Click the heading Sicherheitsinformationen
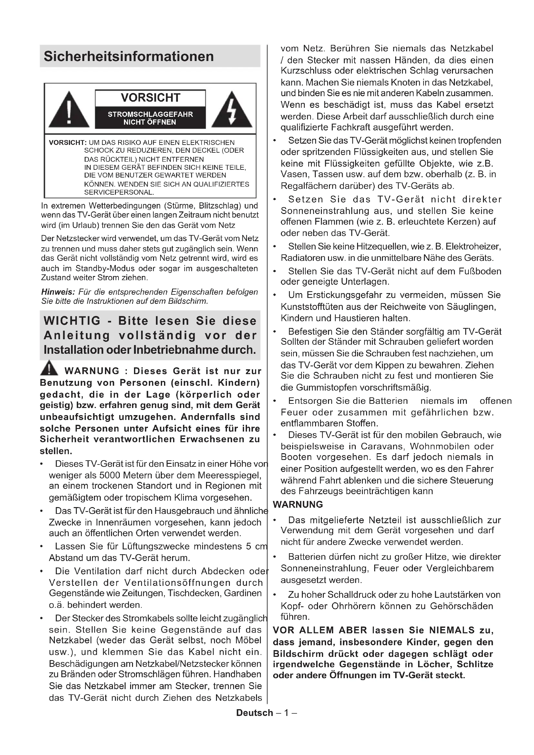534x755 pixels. [x=128, y=56]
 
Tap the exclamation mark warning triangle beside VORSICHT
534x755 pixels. [x=69, y=110]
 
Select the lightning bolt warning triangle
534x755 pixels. [x=232, y=110]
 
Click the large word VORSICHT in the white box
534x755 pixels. [x=150, y=98]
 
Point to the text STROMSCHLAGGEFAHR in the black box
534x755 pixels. [x=150, y=115]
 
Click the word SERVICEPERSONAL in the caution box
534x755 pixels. [x=119, y=192]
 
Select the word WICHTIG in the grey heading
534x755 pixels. [x=72, y=321]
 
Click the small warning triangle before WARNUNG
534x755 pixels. [x=49, y=368]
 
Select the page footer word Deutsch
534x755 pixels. [x=254, y=713]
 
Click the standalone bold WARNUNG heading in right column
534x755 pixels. [x=298, y=505]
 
